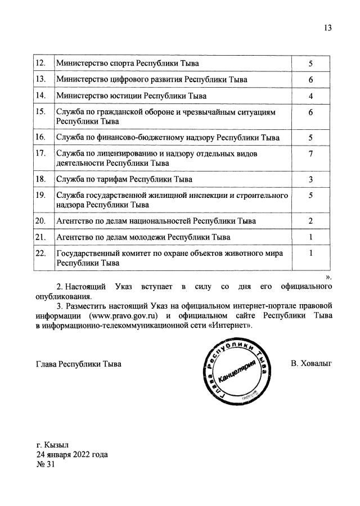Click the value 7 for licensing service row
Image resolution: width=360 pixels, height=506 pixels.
(x=310, y=154)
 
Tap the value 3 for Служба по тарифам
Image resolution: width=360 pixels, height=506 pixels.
(x=310, y=179)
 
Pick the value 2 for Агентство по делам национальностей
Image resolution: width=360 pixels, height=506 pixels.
(x=310, y=220)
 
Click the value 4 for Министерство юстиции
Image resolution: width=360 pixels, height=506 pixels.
(x=310, y=96)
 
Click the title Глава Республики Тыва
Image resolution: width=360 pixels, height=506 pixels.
(x=79, y=364)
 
